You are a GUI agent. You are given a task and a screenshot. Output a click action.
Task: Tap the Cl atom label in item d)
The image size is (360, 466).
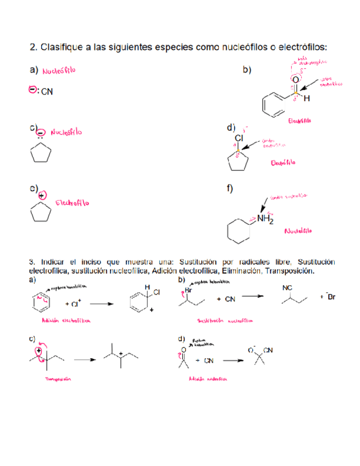239,137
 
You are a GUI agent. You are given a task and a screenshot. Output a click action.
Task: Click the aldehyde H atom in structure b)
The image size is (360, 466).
307,99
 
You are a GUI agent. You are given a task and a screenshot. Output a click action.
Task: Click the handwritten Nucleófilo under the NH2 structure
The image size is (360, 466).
297,230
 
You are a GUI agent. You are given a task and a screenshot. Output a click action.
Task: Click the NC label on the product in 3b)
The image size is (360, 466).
287,287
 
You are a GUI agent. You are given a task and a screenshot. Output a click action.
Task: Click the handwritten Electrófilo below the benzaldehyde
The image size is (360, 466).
299,120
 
